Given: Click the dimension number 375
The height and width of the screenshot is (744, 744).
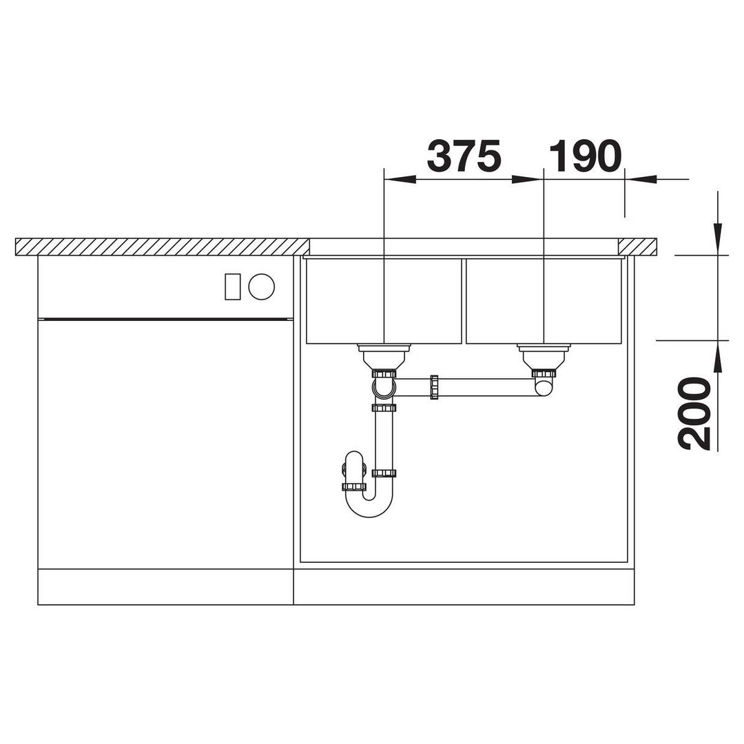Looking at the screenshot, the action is pos(464,156).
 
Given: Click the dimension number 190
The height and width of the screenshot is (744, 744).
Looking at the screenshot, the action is pos(585,156).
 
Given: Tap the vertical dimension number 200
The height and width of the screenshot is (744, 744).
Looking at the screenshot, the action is pos(694,413).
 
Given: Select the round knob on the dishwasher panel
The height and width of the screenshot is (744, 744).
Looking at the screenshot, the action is pos(262,287).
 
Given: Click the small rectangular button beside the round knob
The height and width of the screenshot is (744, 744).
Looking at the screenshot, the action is pos(233,287).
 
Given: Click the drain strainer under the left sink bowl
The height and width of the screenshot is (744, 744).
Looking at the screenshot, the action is pos(384,356).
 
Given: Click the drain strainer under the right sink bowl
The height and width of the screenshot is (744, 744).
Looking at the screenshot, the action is pos(544,356).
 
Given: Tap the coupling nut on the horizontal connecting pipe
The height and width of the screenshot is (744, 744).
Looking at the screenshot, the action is pos(434,387).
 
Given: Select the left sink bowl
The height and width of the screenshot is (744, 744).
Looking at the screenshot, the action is pos(384,301).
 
